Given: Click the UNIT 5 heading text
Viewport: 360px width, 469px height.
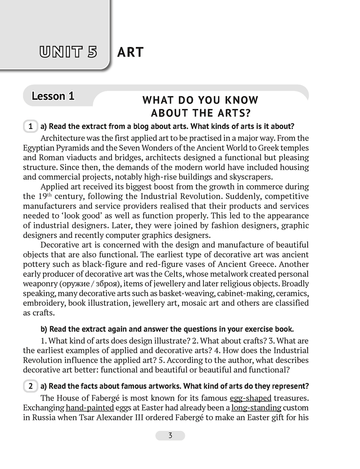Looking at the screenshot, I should [x=68, y=52].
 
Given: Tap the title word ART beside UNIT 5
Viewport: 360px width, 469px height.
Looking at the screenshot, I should [x=130, y=52].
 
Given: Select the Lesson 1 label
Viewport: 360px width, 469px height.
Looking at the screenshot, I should [x=53, y=96].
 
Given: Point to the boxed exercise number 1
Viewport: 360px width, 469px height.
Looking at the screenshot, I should [x=30, y=127].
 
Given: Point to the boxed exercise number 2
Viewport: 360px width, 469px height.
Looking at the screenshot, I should [x=30, y=386].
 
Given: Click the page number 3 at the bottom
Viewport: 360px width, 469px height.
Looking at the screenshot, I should [x=170, y=436].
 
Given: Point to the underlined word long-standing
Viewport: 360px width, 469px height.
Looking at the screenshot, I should [x=256, y=407].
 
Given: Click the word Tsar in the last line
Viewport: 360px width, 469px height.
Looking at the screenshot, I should [x=89, y=417].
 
